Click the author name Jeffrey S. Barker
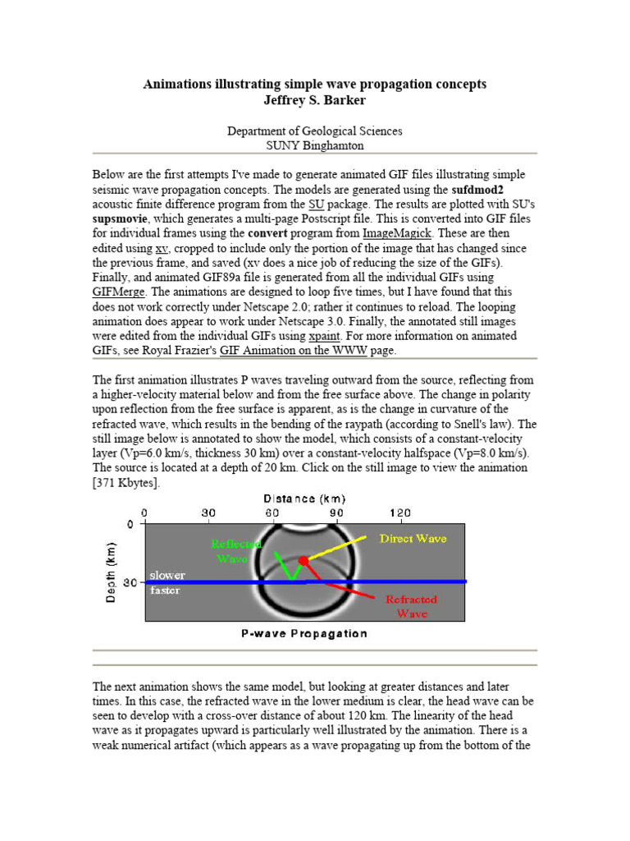coord(315,100)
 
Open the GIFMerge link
coord(121,292)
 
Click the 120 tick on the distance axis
coord(399,513)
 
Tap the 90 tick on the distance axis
coord(336,513)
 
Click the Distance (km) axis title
coord(304,499)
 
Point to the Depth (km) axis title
coord(112,572)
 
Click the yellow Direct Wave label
coord(413,539)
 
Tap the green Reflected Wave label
coord(236,551)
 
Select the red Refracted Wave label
coord(412,606)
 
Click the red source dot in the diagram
coord(304,560)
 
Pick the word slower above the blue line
coord(167,575)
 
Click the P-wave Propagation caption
coord(304,634)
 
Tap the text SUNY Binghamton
coord(315,145)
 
